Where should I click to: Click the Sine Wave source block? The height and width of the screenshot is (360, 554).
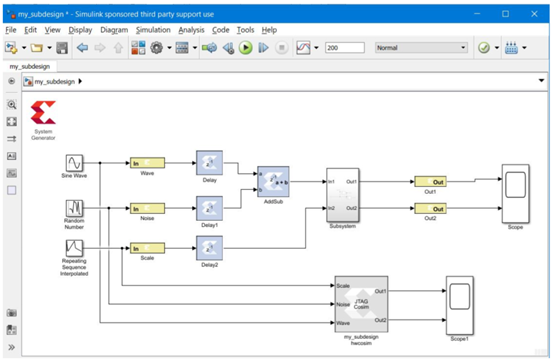coord(74,163)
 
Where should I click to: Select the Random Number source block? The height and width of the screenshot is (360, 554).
coord(74,209)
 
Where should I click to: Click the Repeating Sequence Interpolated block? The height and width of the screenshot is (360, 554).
coord(74,247)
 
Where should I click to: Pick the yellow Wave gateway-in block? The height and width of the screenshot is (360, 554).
coord(146,162)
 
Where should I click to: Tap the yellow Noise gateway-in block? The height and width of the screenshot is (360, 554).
coord(146,209)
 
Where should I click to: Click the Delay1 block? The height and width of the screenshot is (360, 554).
coord(209,209)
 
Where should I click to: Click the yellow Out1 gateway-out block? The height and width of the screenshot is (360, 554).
coord(430,182)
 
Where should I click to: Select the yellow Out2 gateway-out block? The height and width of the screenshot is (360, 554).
coord(430,209)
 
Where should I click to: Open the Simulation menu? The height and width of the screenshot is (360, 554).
coord(152,30)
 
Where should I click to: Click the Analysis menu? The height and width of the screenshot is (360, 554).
coord(191,30)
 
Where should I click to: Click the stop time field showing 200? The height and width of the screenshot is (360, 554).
coord(345,47)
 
